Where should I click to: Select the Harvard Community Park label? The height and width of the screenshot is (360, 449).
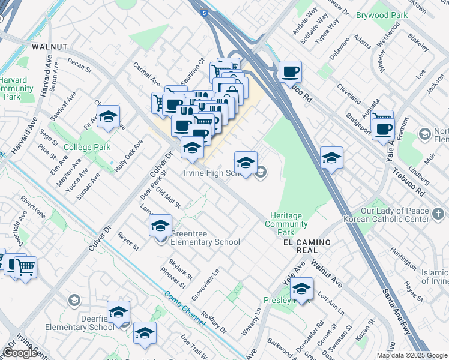[16, 88]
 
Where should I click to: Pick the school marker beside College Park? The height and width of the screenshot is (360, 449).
[108, 117]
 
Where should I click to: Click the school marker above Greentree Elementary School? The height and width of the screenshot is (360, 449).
[160, 226]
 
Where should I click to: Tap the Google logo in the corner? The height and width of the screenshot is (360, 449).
[20, 353]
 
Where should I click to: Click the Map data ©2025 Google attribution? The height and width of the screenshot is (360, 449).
[412, 355]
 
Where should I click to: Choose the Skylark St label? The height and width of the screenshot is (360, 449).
[180, 270]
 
